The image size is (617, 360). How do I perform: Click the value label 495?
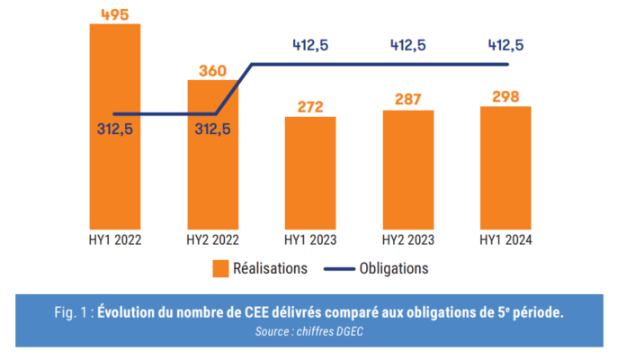click(114, 12)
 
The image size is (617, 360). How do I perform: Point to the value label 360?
click(212, 68)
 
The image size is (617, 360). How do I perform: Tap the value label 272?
click(309, 105)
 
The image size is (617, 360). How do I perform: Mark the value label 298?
click(505, 95)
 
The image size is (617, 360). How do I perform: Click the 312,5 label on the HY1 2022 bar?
click(114, 129)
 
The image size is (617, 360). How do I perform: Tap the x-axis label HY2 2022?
click(212, 240)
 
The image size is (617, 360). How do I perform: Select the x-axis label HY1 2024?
click(505, 240)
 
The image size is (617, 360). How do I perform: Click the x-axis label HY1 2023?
click(309, 240)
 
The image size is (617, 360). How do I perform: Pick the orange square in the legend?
click(219, 268)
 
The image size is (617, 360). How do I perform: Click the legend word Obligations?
click(393, 268)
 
